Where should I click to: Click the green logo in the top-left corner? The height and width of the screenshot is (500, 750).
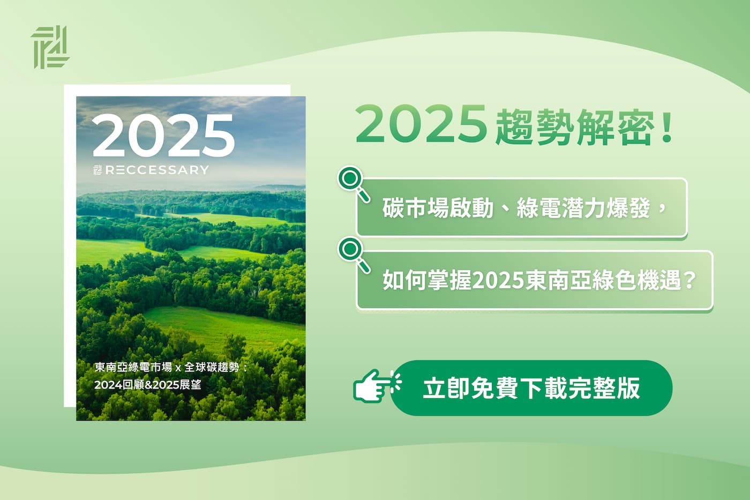click(50, 47)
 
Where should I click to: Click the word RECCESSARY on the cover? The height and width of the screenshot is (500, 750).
click(157, 170)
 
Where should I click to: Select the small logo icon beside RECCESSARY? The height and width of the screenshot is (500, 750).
click(97, 170)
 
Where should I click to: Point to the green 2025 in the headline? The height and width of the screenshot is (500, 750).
click(421, 124)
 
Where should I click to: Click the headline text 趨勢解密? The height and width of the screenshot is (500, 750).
click(574, 126)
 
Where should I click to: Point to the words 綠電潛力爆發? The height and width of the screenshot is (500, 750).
click(583, 208)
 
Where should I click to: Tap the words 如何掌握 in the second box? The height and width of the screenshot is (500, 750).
click(427, 280)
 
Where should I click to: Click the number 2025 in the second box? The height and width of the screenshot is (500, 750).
click(498, 280)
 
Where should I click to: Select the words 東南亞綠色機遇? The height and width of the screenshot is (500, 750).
click(603, 280)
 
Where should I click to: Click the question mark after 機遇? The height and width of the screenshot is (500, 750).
click(690, 280)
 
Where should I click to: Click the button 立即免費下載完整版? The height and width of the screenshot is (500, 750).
click(531, 388)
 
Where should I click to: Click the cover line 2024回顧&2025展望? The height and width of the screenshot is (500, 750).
click(148, 385)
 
